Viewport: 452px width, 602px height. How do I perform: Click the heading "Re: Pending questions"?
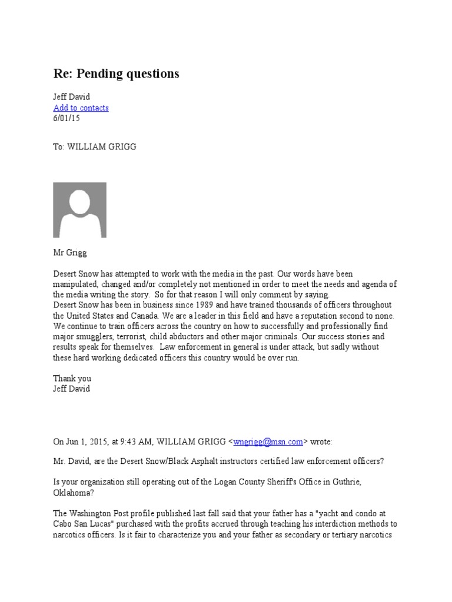coord(116,73)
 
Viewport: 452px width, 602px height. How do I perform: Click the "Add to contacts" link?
coord(81,108)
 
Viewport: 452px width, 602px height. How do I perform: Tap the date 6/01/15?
coord(67,118)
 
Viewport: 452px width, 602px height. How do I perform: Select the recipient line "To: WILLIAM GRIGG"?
coord(94,147)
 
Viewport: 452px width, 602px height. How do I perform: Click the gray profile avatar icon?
coord(79,209)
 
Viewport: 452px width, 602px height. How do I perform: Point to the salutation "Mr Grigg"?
coord(70,253)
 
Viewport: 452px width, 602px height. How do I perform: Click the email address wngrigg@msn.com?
coord(268,442)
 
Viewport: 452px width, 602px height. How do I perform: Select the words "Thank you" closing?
coord(72,379)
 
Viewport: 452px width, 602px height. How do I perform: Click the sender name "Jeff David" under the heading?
coord(71,97)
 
